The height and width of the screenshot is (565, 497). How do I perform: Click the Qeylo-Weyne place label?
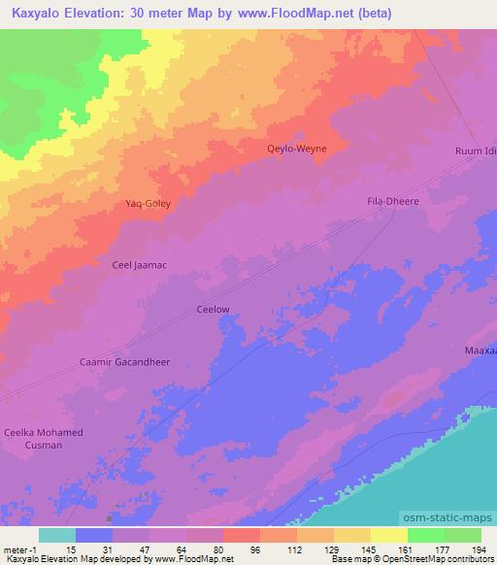(297, 149)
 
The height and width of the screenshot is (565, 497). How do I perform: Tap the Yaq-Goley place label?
(149, 204)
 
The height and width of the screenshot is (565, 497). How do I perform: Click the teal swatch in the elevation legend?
(57, 535)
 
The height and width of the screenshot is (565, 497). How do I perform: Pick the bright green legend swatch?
(426, 535)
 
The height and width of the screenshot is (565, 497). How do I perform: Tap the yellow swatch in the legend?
(389, 535)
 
